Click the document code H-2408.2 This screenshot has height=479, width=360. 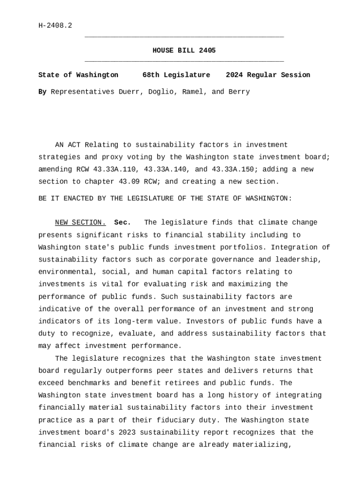click(x=55, y=25)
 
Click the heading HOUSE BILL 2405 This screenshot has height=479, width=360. click(x=184, y=51)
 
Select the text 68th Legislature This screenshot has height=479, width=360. click(x=176, y=75)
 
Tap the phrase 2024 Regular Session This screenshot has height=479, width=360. click(x=268, y=75)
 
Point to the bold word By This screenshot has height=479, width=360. click(x=42, y=92)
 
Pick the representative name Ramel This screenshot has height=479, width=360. click(x=193, y=92)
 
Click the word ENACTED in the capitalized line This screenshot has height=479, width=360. click(x=76, y=198)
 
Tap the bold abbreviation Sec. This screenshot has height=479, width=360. click(x=122, y=223)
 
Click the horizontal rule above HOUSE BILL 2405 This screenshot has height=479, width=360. click(x=184, y=36)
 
